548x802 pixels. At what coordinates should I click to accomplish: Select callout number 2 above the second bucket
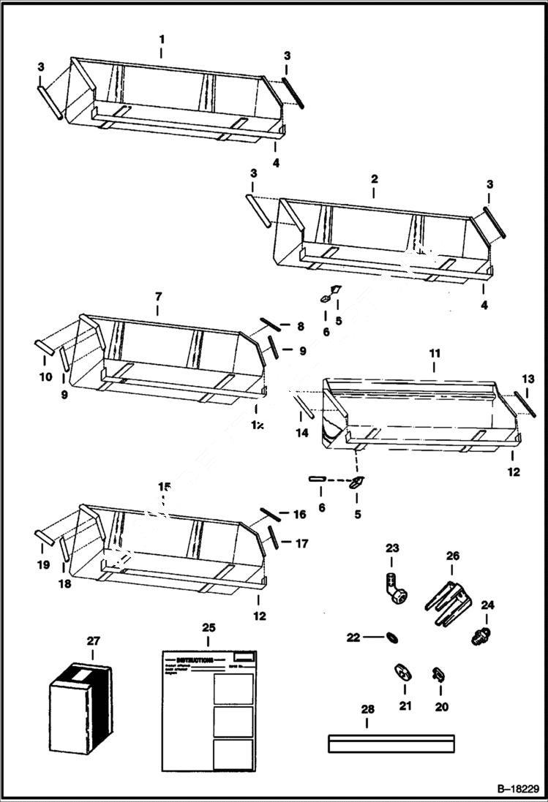[374, 178]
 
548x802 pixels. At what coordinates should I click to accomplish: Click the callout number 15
[163, 486]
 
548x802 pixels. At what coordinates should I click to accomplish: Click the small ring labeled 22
[392, 638]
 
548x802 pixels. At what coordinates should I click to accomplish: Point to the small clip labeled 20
[440, 673]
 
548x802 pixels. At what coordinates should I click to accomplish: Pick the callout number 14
[301, 433]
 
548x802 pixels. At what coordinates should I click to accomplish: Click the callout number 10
[45, 377]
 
